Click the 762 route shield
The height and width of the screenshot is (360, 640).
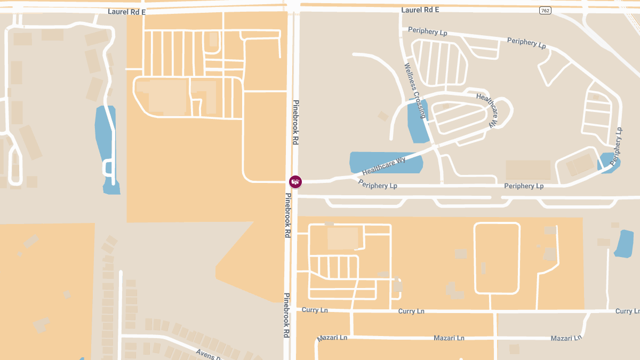[545, 11]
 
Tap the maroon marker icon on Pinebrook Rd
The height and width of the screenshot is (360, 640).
[295, 182]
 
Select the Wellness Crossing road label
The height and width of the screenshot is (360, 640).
[415, 91]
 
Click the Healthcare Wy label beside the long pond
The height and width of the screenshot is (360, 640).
[383, 166]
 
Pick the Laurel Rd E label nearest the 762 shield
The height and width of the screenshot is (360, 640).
[420, 10]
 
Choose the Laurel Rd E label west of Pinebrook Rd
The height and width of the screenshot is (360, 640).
[126, 11]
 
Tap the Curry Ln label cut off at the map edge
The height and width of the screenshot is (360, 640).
[627, 311]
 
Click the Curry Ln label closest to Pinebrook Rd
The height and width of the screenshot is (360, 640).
[315, 310]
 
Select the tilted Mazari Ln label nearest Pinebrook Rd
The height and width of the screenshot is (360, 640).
[332, 338]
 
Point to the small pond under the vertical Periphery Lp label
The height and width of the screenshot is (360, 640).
[608, 162]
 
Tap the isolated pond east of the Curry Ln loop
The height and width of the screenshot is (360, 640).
[623, 243]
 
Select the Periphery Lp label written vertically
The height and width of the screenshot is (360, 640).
[617, 145]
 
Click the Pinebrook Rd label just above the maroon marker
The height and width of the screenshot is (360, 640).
[295, 122]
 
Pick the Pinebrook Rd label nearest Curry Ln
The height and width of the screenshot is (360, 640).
[286, 315]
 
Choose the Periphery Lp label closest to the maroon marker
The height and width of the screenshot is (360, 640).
[378, 185]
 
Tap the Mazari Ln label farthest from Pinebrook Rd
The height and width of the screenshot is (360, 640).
[565, 338]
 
